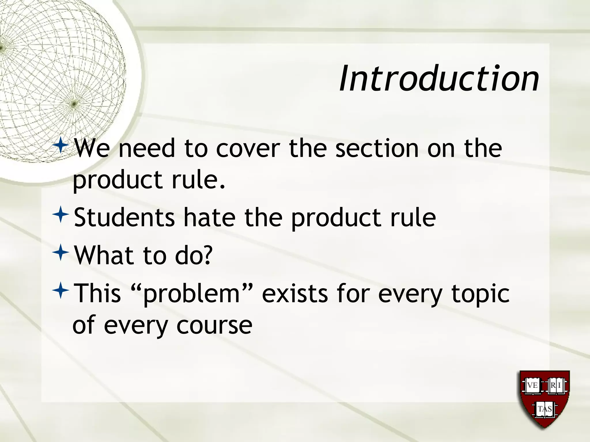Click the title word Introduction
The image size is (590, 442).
(x=439, y=78)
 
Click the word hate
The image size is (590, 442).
(x=209, y=218)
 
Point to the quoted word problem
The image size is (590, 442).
(x=192, y=294)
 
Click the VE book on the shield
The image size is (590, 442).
(x=532, y=385)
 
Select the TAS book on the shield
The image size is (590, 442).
(x=544, y=409)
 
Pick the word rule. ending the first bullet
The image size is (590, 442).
(x=198, y=180)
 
